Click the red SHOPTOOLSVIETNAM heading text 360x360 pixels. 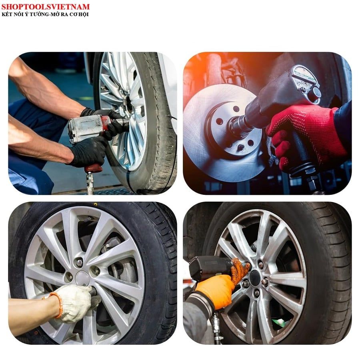click(46, 7)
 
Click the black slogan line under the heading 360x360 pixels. click(45, 14)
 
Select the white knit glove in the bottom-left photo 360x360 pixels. click(73, 303)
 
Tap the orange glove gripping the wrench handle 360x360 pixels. click(216, 291)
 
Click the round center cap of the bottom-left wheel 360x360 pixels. click(82, 278)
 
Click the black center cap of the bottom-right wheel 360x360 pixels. click(255, 278)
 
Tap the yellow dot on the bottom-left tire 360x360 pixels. click(95, 204)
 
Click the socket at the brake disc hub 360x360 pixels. click(238, 125)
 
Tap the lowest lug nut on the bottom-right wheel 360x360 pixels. click(257, 292)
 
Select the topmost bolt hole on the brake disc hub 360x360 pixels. click(236, 109)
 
